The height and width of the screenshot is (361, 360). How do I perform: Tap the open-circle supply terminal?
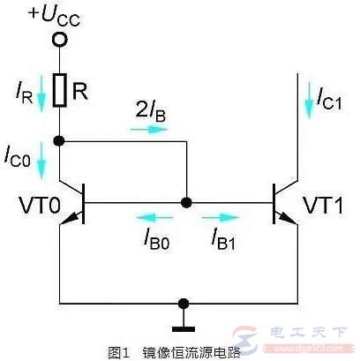click(x=58, y=40)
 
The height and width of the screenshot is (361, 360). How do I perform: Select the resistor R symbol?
click(x=58, y=89)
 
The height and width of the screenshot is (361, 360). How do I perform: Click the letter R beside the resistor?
click(x=79, y=89)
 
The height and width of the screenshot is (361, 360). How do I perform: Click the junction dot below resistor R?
click(x=58, y=139)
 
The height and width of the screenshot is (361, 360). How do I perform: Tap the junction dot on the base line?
click(x=185, y=202)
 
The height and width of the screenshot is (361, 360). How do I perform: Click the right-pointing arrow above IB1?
click(x=223, y=215)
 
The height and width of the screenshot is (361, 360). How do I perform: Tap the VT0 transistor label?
click(x=39, y=206)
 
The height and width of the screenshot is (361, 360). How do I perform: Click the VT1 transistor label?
click(x=320, y=206)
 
